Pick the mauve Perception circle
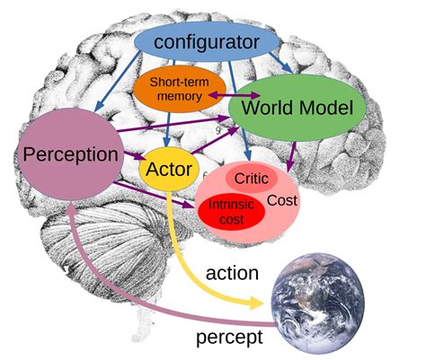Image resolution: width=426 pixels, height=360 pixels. point(70,154)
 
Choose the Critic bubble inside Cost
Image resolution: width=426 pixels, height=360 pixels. point(252,178)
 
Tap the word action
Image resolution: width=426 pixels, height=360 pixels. point(233,274)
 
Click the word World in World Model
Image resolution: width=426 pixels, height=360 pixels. point(266,110)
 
